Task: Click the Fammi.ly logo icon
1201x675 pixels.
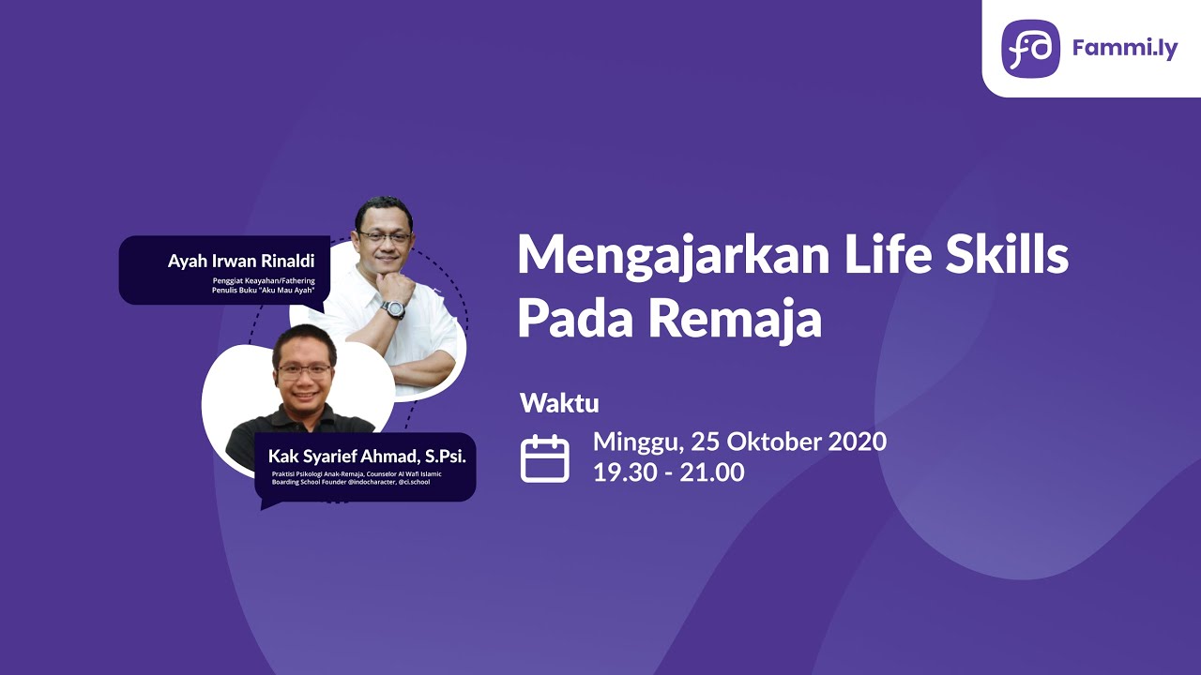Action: (1030, 48)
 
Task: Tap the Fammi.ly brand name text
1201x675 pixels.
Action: (1124, 49)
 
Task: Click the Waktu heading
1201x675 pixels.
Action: (559, 404)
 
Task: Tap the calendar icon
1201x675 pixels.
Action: (545, 458)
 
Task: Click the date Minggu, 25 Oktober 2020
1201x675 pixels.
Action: (739, 442)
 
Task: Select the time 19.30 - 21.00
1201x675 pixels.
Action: (668, 472)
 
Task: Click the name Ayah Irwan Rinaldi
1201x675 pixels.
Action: (242, 262)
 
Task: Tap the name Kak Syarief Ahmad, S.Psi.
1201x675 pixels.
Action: (367, 457)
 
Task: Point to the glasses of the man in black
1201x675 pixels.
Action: (303, 370)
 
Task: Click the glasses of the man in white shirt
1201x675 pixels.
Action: (384, 237)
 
